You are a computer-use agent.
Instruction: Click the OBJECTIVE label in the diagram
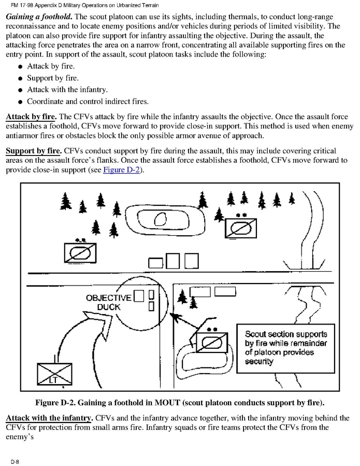click(x=108, y=298)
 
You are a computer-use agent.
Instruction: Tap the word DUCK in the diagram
click(x=108, y=306)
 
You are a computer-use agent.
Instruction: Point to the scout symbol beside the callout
click(x=211, y=343)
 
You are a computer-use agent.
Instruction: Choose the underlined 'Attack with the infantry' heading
click(x=49, y=418)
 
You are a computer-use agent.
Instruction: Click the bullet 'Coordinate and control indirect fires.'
click(x=88, y=101)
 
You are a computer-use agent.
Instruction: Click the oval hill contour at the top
click(x=161, y=221)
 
